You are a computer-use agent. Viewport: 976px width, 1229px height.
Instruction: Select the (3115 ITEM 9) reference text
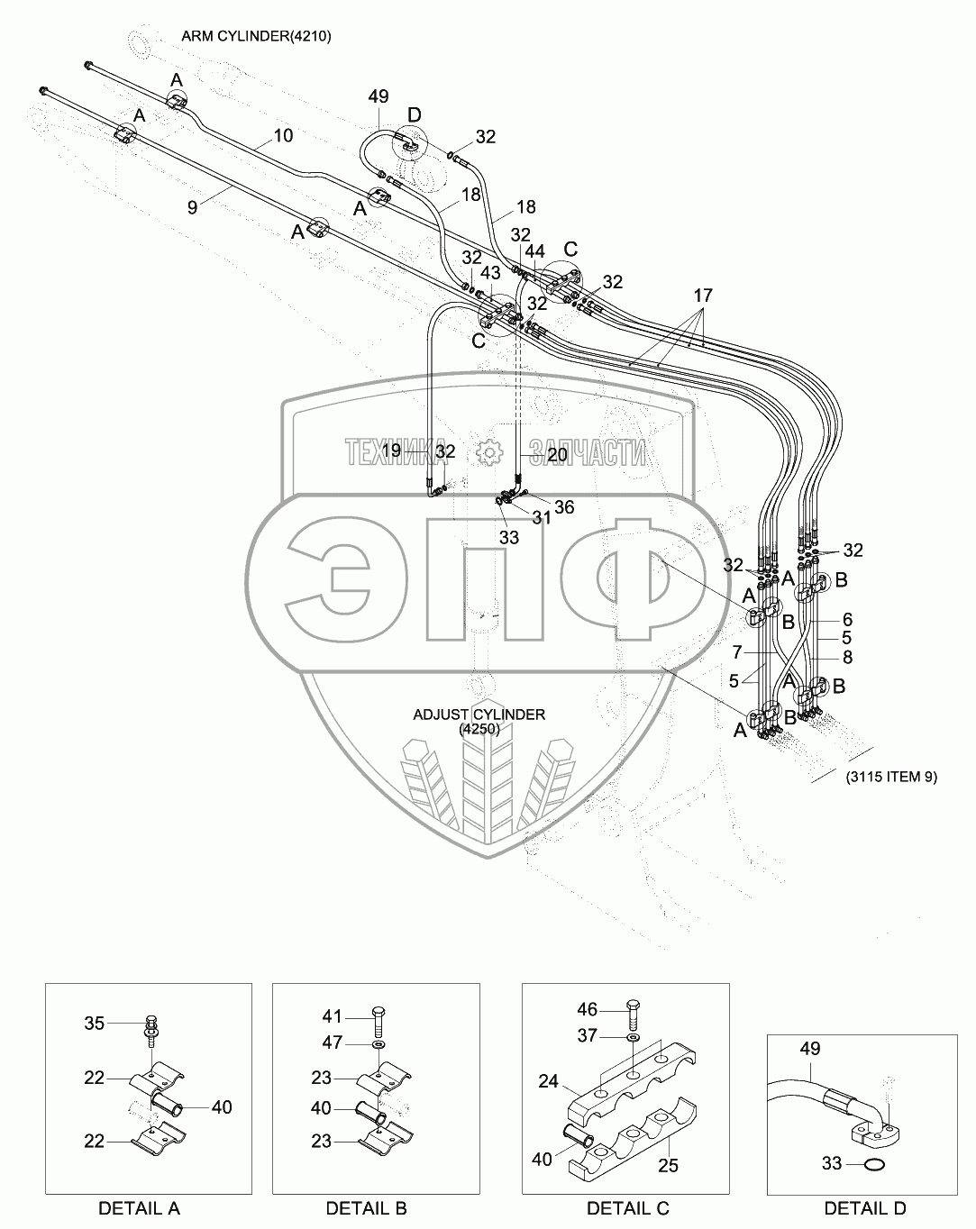click(x=891, y=778)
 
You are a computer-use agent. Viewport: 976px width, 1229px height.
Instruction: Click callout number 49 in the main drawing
click(x=379, y=96)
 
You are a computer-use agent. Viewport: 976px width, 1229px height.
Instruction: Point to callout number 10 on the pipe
click(x=282, y=136)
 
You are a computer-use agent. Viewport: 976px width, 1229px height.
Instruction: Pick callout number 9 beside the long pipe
click(x=192, y=206)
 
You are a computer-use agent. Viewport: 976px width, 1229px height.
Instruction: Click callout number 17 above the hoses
click(x=703, y=295)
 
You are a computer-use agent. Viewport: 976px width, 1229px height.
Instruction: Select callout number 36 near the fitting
click(x=563, y=507)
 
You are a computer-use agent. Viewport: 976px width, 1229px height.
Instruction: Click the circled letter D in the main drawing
click(x=414, y=114)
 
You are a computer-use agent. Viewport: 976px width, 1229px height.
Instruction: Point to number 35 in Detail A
click(x=95, y=1023)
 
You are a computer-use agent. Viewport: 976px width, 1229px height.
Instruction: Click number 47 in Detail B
click(x=333, y=1042)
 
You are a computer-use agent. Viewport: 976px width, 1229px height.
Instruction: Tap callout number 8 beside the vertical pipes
click(x=847, y=658)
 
